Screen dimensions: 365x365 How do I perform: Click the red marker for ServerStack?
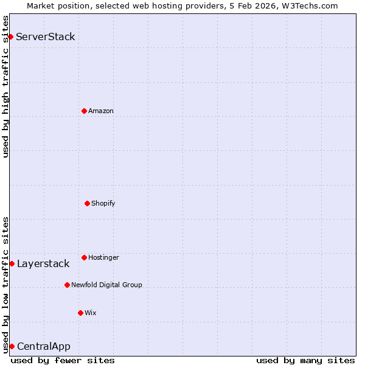click(x=10, y=36)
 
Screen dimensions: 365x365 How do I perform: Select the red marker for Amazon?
click(x=84, y=111)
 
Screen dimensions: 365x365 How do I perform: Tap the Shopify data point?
click(x=87, y=203)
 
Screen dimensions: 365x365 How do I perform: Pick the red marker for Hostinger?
click(x=84, y=257)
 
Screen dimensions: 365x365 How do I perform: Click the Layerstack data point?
click(x=12, y=263)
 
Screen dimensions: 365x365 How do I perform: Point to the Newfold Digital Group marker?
click(x=67, y=285)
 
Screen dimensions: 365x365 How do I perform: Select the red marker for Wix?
click(x=80, y=313)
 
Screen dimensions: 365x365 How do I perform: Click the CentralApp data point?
click(x=12, y=346)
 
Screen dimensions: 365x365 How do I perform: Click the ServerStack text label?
click(x=46, y=36)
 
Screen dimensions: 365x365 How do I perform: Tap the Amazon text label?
click(x=101, y=111)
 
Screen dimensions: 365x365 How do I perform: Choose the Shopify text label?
click(x=103, y=203)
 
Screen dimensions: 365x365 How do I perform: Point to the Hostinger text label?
click(x=103, y=257)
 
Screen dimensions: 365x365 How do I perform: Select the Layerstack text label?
click(x=43, y=263)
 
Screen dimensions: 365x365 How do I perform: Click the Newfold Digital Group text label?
click(x=106, y=285)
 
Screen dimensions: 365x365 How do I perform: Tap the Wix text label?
click(x=91, y=313)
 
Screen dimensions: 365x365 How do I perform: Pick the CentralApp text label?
click(x=44, y=346)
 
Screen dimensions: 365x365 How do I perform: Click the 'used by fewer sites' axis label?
click(x=63, y=360)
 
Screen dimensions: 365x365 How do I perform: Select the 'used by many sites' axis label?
click(x=305, y=360)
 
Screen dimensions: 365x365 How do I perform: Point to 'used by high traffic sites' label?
click(x=5, y=86)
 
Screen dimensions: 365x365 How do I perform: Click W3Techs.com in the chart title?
click(x=309, y=5)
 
